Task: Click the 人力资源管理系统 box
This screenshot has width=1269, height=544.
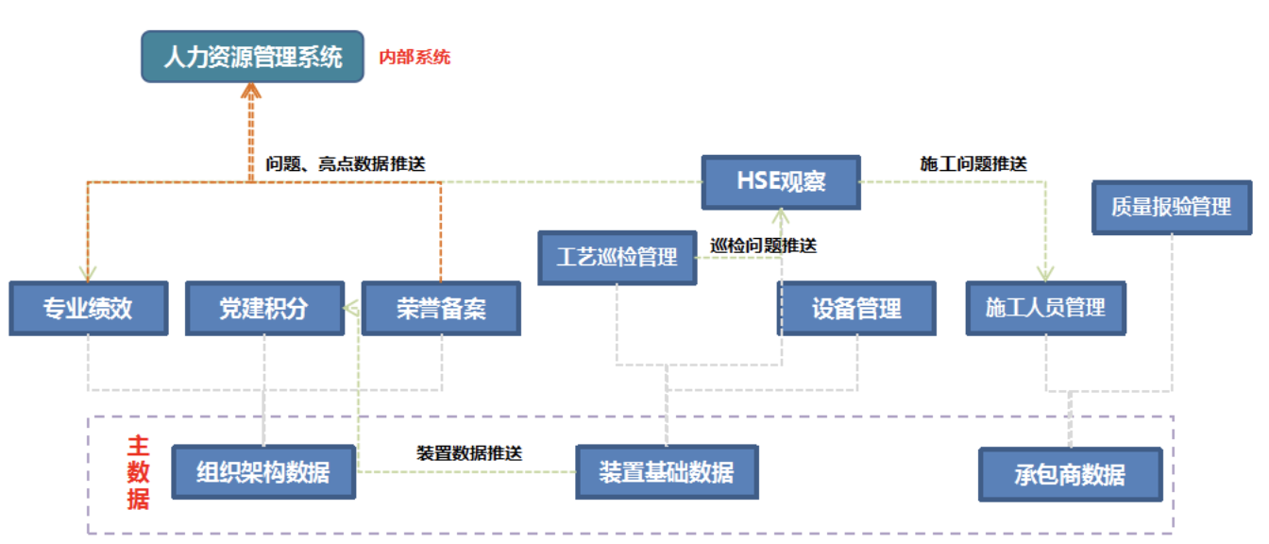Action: [x=252, y=57]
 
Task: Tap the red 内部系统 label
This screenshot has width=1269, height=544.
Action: [x=415, y=58]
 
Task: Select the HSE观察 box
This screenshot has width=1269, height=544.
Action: [x=781, y=181]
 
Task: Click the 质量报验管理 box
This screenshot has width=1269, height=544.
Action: [x=1171, y=207]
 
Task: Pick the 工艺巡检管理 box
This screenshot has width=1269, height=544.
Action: [x=617, y=257]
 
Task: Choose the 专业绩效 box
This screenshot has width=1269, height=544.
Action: [x=88, y=308]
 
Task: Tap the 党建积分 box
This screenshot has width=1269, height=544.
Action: [x=263, y=308]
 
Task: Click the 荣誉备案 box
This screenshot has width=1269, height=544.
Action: [x=441, y=308]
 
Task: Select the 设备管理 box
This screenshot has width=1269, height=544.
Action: [x=856, y=308]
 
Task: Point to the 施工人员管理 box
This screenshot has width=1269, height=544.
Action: [x=1045, y=308]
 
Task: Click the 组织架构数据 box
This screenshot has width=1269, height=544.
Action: [x=263, y=471]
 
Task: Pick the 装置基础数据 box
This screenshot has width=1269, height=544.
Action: [x=667, y=471]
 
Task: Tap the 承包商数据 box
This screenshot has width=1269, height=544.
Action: [x=1070, y=474]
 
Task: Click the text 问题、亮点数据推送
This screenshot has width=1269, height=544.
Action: [x=346, y=163]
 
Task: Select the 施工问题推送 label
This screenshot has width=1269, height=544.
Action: [x=973, y=163]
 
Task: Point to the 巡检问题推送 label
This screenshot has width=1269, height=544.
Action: [x=763, y=246]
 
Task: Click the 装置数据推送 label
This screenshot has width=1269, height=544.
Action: [x=469, y=452]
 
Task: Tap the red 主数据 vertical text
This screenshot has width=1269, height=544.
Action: [x=139, y=471]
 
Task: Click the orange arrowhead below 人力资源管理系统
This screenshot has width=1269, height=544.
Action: [x=250, y=91]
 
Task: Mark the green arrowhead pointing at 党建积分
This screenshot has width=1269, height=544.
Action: [x=349, y=308]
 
